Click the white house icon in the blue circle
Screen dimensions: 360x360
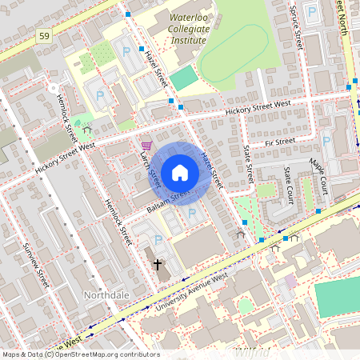click(180, 173)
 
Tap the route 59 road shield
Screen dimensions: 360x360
click(43, 36)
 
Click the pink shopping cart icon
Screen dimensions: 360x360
click(146, 145)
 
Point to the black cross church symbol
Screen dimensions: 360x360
click(158, 263)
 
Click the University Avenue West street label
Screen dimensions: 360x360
click(192, 290)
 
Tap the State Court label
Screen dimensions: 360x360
click(287, 186)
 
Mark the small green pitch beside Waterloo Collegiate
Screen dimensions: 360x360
click(183, 78)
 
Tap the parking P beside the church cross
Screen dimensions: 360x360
click(158, 240)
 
